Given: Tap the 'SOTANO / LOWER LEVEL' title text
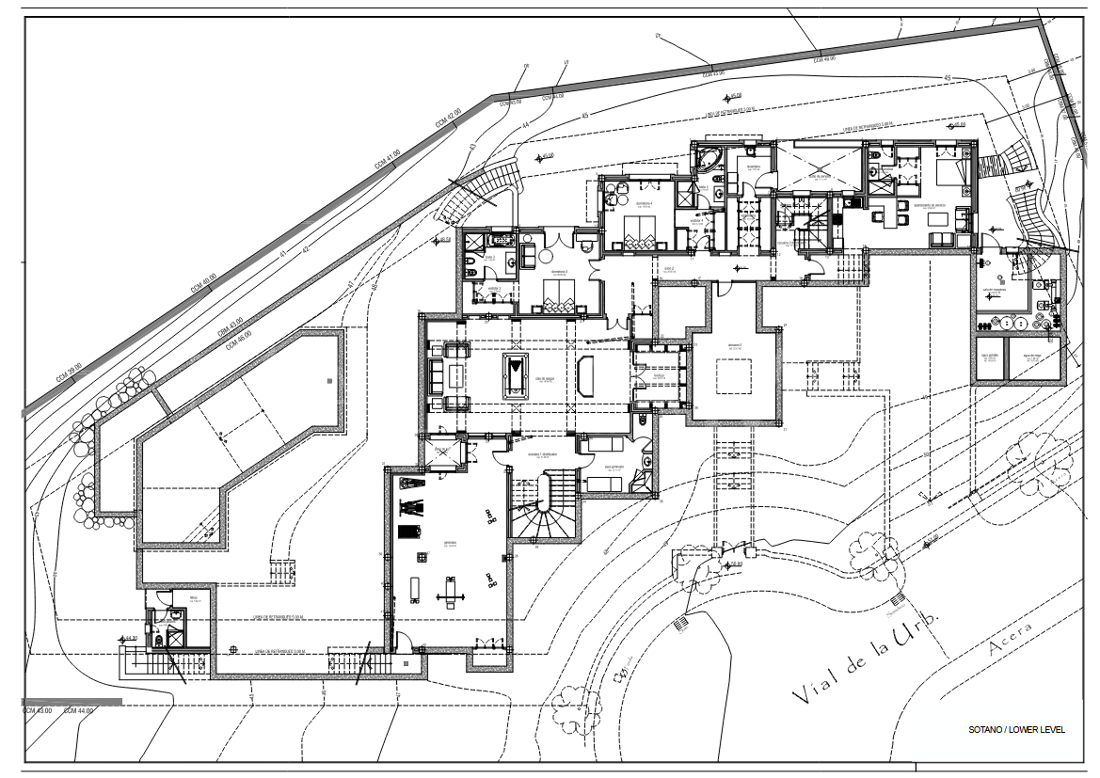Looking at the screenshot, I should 1016,730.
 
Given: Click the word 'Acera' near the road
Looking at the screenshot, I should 1011,638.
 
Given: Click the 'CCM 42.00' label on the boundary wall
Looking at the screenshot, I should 448,119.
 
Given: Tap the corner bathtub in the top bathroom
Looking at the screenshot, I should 707,157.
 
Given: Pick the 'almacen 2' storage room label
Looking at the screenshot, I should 734,346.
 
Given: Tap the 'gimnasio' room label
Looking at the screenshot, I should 449,543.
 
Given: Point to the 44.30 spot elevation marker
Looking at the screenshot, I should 131,640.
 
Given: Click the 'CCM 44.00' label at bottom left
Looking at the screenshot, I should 79,711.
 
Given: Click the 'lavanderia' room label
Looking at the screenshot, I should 754,167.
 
